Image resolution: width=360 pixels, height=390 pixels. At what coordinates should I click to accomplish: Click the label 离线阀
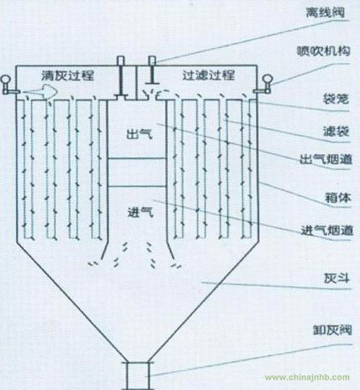click(325, 12)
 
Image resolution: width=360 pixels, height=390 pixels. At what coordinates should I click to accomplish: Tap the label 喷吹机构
click(323, 51)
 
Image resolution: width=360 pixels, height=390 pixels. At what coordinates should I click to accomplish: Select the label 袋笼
click(336, 99)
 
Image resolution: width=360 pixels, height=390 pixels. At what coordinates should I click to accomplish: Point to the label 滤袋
click(336, 131)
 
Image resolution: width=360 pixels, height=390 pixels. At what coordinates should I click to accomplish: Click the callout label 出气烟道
click(326, 159)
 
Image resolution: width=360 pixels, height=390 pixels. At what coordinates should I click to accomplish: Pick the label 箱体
click(338, 198)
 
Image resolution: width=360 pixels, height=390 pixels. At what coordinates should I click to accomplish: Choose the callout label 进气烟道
click(327, 230)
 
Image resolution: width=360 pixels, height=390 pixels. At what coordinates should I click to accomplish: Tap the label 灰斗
click(337, 279)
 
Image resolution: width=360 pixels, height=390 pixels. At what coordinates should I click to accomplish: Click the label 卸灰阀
click(333, 330)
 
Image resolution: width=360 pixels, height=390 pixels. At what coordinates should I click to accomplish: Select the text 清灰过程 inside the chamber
click(68, 75)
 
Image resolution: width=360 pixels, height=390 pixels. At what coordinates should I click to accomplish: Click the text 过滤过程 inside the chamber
click(208, 75)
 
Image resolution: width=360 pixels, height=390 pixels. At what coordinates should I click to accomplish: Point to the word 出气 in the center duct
click(139, 135)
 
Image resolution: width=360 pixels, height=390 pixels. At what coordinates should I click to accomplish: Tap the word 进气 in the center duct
click(140, 212)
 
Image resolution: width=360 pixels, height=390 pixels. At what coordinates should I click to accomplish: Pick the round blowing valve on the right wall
click(265, 85)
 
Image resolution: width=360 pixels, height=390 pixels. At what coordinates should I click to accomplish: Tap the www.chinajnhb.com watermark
click(307, 378)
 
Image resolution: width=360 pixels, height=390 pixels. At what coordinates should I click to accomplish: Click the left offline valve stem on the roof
click(121, 77)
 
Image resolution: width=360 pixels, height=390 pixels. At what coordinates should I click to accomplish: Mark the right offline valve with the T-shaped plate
click(152, 70)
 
